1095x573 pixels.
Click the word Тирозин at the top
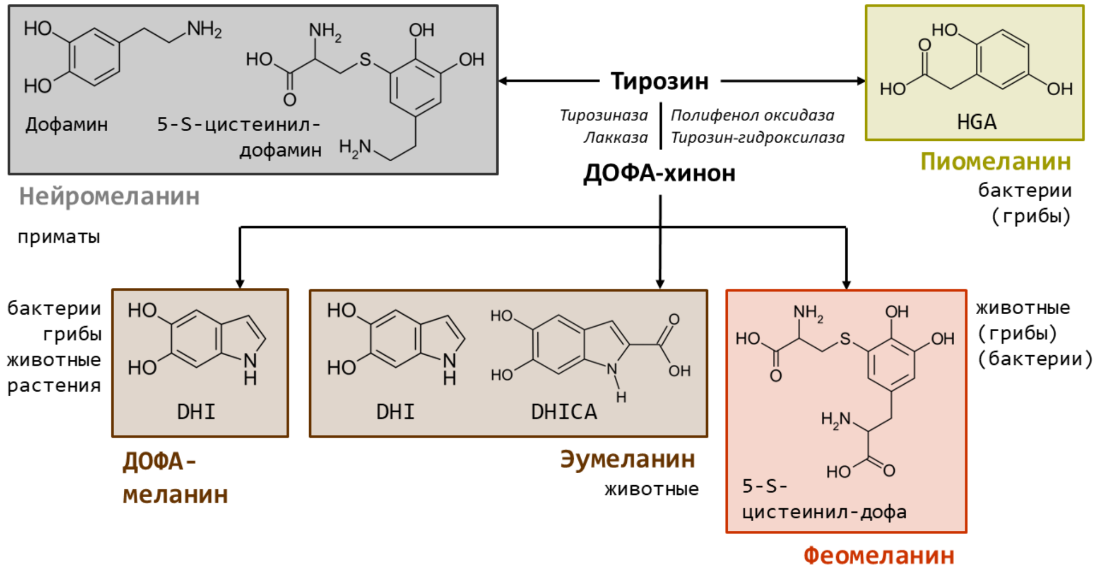tap(659, 82)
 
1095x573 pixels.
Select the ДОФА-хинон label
tap(659, 173)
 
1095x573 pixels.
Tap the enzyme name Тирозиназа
tap(603, 116)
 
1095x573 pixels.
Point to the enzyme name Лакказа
tap(615, 138)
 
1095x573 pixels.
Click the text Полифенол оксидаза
tap(752, 116)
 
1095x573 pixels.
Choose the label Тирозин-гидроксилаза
tap(757, 138)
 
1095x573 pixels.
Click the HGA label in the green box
tap(976, 122)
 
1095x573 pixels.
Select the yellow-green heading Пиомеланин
tap(996, 162)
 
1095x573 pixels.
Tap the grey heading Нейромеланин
tap(109, 197)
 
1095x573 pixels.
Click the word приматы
tap(59, 237)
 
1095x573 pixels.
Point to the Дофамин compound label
tap(67, 124)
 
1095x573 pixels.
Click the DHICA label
tap(563, 412)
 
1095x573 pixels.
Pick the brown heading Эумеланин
tap(627, 459)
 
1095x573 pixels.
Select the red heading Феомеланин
tap(879, 555)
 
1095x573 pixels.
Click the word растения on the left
tap(54, 385)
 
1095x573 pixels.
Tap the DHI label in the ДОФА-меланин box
tap(196, 412)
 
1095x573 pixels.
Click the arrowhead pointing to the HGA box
tap(861, 82)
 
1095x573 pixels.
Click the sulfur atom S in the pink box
tap(845, 340)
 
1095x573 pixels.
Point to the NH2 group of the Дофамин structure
tap(204, 29)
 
